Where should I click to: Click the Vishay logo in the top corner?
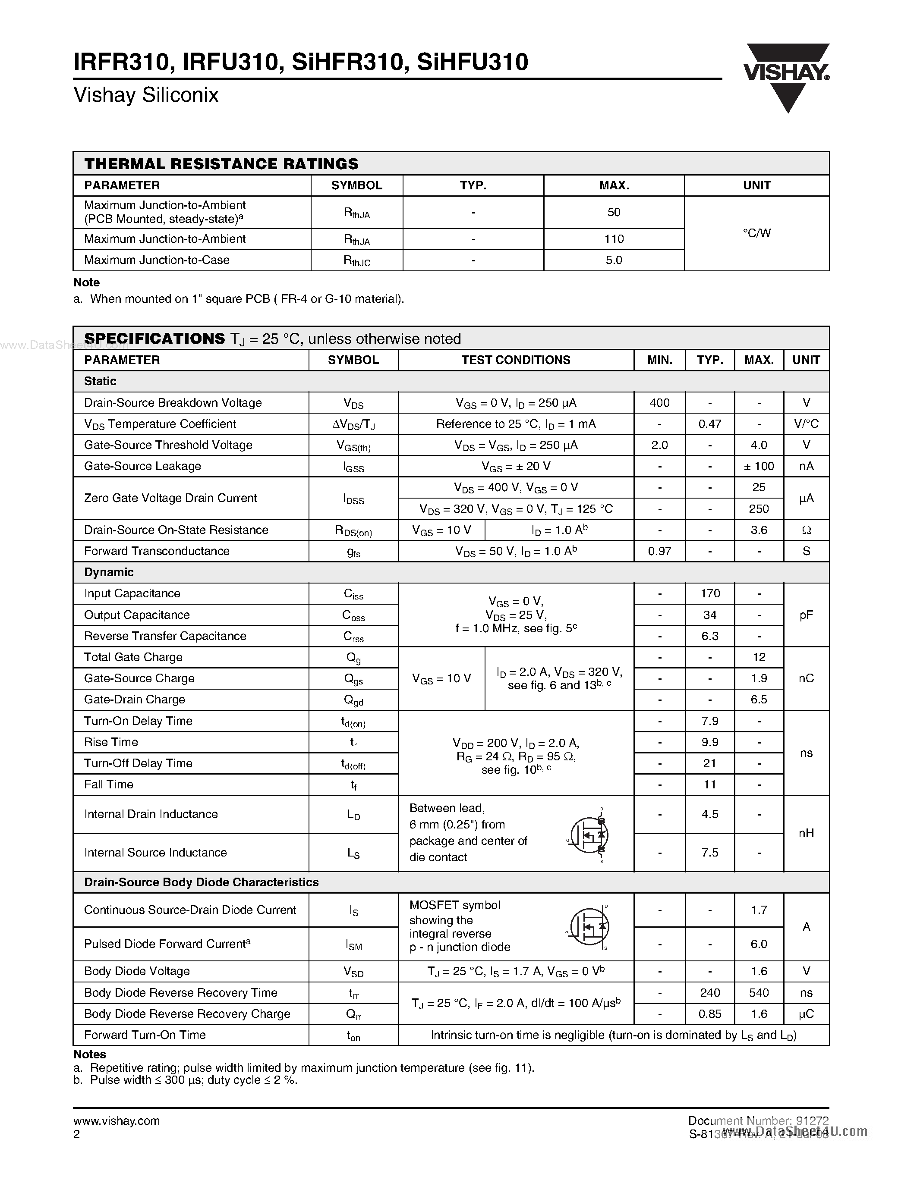pos(787,77)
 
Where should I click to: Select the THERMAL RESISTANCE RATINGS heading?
pos(221,164)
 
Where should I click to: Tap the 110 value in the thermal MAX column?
pos(614,239)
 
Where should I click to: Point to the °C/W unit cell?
pos(757,233)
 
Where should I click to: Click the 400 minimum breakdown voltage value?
pos(659,403)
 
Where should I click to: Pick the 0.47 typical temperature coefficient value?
pos(709,424)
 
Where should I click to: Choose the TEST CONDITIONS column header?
pos(516,360)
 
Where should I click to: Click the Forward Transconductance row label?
pos(157,551)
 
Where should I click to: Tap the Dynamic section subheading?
pos(109,572)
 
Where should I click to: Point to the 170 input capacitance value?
pos(709,593)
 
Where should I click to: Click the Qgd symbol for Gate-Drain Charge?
pos(354,700)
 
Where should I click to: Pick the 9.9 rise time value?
pos(709,742)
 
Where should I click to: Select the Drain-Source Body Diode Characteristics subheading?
pos(201,882)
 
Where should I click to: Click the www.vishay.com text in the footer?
pos(116,1121)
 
